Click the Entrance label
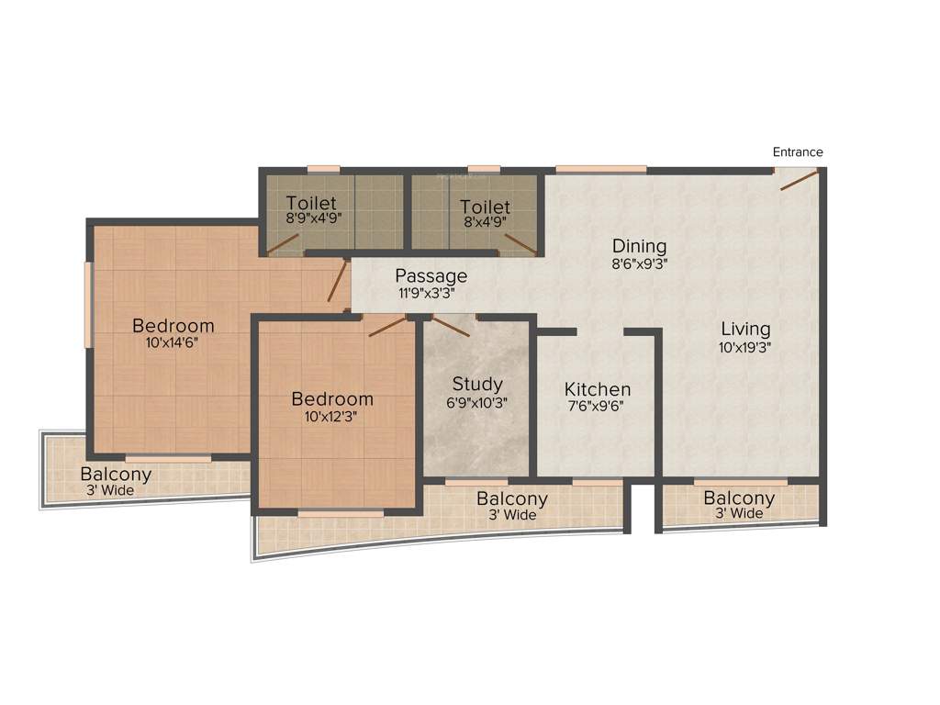(x=798, y=152)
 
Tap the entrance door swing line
(x=799, y=180)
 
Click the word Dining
(x=639, y=246)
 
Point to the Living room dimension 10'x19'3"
(x=744, y=348)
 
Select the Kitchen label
(x=597, y=389)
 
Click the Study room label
(x=476, y=384)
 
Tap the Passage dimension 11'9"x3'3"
(x=426, y=294)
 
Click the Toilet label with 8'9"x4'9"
(x=311, y=203)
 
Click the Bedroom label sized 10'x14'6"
(x=173, y=325)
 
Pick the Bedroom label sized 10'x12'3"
(x=332, y=399)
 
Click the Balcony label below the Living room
(x=739, y=498)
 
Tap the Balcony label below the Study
(x=511, y=499)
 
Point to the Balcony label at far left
(x=116, y=475)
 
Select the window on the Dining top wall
(x=600, y=169)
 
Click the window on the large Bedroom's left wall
(x=88, y=305)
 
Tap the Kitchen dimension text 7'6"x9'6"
(x=597, y=406)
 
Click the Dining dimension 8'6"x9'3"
(x=639, y=263)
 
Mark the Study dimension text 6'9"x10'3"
(x=476, y=401)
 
